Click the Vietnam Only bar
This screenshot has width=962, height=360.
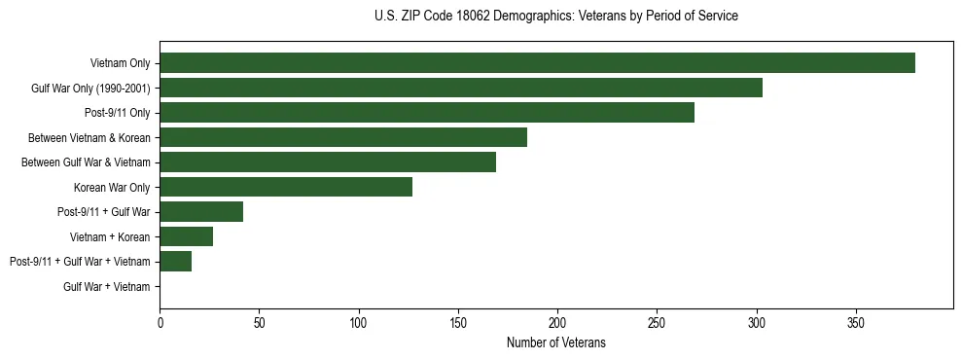[537, 63]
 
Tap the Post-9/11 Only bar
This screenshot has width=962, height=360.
[427, 113]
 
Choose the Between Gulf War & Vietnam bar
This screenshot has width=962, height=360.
[328, 162]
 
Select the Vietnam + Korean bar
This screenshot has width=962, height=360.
[186, 236]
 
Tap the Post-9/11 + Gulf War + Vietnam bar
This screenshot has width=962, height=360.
[175, 262]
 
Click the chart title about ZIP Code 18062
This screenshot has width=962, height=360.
[555, 17]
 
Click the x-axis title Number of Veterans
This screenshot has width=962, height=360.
[555, 342]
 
